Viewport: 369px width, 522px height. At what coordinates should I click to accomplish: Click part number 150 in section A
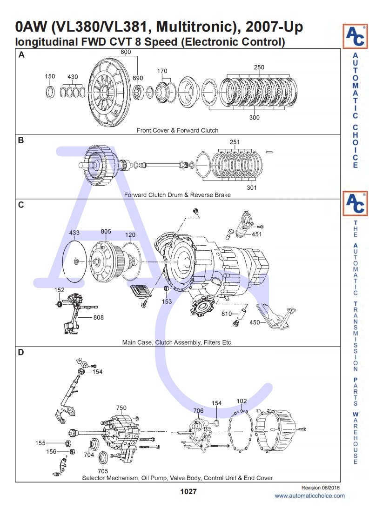50,76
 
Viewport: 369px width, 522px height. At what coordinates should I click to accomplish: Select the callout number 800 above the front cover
126,52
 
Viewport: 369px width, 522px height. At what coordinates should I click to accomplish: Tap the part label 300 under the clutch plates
254,118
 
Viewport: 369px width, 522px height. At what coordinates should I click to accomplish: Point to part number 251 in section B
235,142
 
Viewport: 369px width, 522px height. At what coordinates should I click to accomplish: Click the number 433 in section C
74,232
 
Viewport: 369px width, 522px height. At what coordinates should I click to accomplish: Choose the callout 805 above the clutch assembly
106,232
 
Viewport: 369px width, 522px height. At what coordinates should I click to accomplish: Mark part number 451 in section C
257,234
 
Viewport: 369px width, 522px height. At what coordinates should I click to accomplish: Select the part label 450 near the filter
255,322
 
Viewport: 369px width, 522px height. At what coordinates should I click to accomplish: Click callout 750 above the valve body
121,408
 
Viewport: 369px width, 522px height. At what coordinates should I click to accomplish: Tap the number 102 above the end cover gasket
242,401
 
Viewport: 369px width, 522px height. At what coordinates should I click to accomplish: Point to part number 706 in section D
199,410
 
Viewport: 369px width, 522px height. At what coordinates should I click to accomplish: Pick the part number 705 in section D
103,471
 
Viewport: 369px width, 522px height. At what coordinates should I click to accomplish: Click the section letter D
21,352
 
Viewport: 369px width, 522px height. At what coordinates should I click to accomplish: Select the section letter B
21,140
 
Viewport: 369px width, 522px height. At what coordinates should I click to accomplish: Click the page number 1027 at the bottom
188,492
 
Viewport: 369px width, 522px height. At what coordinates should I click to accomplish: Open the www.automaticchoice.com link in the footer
309,495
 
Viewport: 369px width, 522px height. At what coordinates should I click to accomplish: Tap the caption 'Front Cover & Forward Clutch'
177,130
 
